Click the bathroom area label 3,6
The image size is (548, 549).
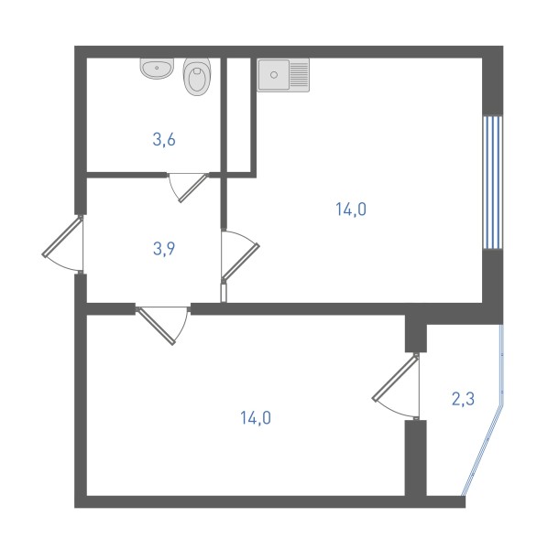click(164, 140)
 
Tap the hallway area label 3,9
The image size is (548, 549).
click(164, 249)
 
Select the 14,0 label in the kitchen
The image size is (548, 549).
click(351, 210)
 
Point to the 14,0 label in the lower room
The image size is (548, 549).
click(256, 418)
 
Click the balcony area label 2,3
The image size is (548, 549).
click(463, 399)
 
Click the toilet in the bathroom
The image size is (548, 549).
click(197, 76)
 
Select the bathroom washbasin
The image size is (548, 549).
click(158, 69)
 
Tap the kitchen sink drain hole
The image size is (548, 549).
click(274, 75)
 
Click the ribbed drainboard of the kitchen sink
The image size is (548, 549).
click(299, 75)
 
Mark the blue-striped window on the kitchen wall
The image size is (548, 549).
click(493, 182)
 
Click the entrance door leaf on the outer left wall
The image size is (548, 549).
click(62, 237)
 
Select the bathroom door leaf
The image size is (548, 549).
click(192, 188)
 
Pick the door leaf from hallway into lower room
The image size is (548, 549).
click(156, 326)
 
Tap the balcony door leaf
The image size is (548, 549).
click(395, 377)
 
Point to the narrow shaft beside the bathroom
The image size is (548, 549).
click(239, 115)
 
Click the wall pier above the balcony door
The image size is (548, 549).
click(416, 333)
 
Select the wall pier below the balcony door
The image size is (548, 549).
click(416, 458)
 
